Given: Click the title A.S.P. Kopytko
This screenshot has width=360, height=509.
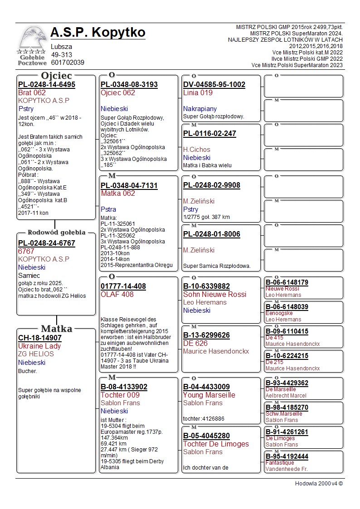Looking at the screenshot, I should coord(98,33).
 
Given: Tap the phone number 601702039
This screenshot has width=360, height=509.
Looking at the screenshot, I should coord(68,63).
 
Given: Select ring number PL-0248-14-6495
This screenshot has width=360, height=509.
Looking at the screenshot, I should coord(47,84).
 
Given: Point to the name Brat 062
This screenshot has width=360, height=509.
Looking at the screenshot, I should coord(32,92).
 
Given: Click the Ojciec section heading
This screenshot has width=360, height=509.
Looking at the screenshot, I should coord(56,76).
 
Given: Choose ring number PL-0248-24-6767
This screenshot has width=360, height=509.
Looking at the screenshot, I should coord(47,243).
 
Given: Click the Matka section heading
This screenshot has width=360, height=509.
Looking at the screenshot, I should coord(56,329).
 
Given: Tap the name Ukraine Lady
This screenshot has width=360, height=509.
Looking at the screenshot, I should coord(39,346).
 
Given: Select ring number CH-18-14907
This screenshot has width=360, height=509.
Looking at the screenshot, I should coord(40,338).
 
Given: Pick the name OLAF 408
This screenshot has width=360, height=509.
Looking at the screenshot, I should coord(117,294).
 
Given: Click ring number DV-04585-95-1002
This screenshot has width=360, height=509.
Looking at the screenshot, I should coord(214,84).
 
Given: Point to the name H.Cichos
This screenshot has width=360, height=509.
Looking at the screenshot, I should coord(197,150).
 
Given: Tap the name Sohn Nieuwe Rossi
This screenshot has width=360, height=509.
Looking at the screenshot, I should coord(214,294).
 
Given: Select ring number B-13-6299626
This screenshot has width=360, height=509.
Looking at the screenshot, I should coord(206,335).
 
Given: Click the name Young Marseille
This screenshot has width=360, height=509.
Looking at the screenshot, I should coord(209,395).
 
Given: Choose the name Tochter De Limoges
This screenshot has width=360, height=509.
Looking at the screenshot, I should coord(216,444).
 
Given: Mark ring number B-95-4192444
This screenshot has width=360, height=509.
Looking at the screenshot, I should coord(287,456).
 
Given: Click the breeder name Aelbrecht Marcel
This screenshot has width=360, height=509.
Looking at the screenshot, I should coord(286,396).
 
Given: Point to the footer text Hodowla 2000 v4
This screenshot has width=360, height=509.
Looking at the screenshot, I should coord(319,484).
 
